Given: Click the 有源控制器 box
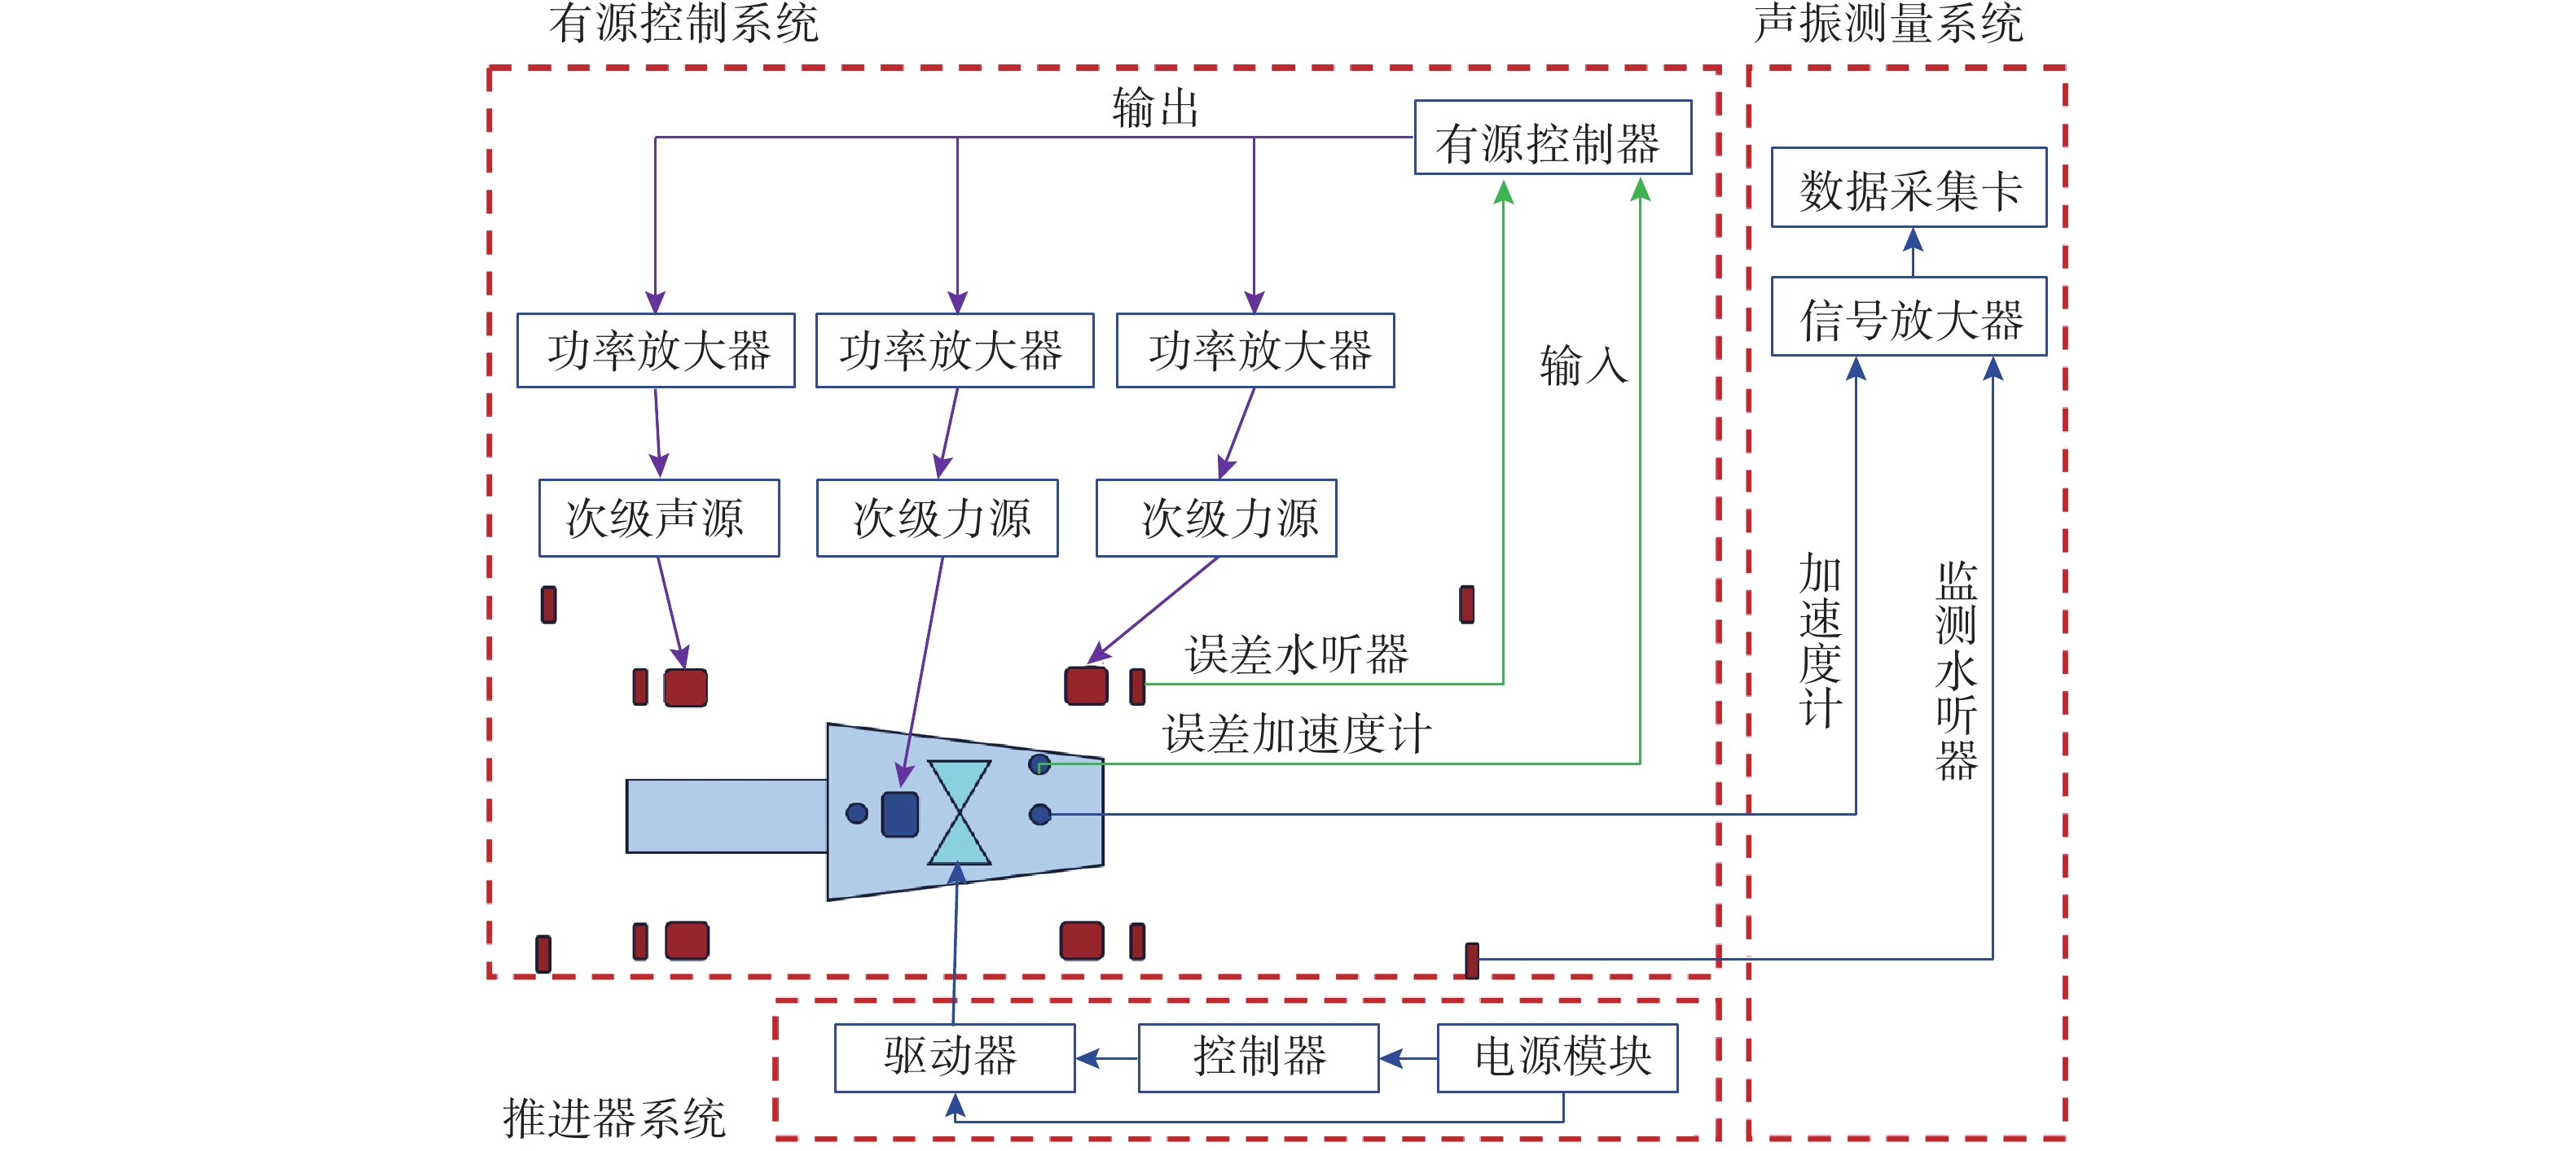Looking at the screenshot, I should click(1552, 138).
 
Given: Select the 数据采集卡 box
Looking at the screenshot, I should click(1909, 188).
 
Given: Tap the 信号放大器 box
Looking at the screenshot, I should click(1909, 317).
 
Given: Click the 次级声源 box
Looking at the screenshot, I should click(658, 518).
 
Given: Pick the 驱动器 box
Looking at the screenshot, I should click(954, 1057).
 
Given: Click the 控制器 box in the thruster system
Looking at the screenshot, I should click(1258, 1057).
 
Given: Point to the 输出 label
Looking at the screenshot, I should click(1154, 107).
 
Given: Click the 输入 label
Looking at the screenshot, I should click(1583, 365).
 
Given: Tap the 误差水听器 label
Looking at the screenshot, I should click(1296, 655).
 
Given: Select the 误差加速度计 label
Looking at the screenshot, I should click(1296, 733).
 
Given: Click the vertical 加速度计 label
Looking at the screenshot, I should click(1820, 641).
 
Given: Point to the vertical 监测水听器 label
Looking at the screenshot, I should click(1955, 670).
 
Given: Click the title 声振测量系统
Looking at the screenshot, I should click(1887, 23).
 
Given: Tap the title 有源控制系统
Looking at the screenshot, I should click(683, 23).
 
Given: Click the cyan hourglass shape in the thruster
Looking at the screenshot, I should click(958, 812).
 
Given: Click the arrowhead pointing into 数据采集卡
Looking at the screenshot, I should click(1913, 240).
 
